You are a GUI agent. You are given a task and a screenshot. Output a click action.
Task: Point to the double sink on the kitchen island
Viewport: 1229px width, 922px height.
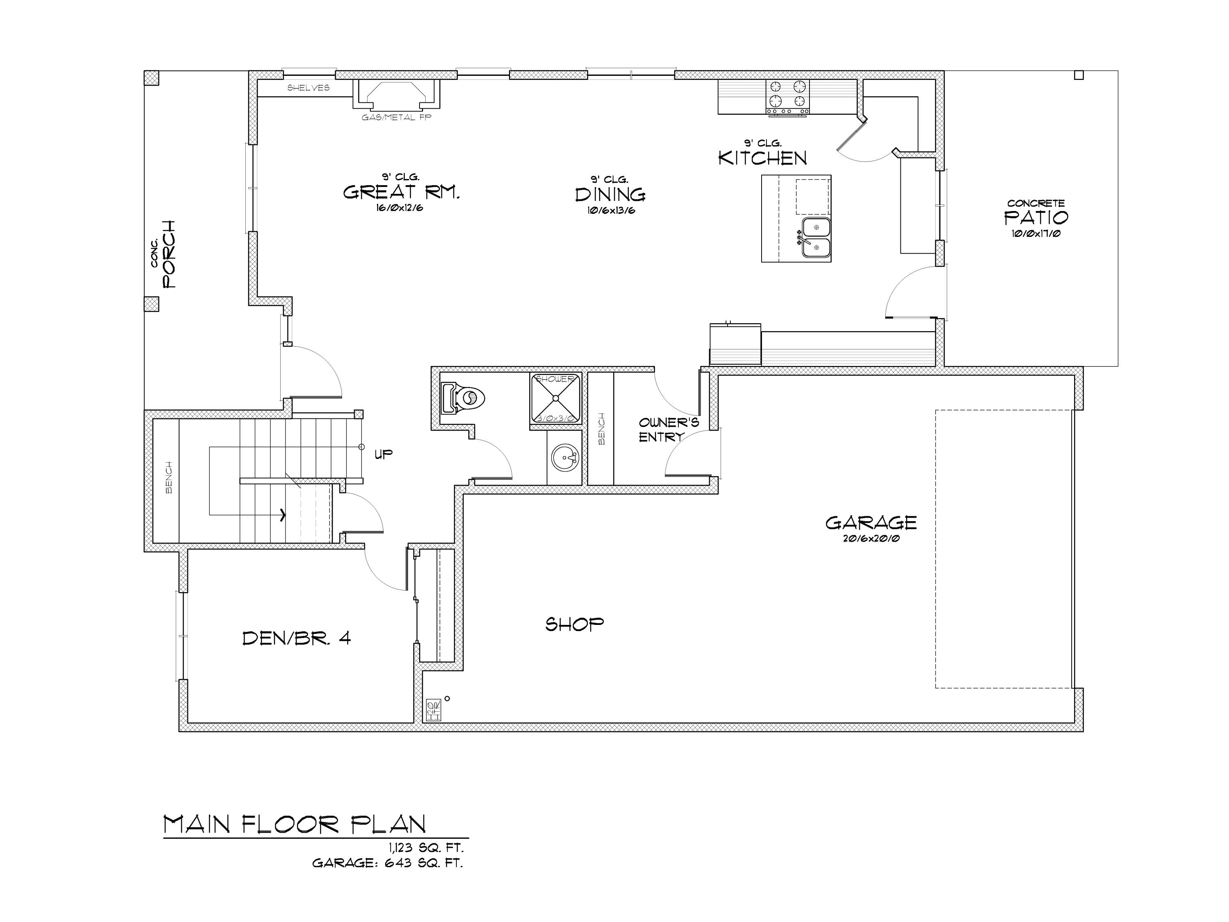pos(816,237)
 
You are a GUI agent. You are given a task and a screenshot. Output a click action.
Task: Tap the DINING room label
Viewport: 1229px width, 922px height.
pos(610,195)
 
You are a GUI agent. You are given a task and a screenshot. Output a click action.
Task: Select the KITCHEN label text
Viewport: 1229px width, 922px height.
pos(762,159)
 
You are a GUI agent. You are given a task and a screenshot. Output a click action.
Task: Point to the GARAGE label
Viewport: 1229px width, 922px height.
pos(871,523)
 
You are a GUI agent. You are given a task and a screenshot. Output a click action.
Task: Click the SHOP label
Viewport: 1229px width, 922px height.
pos(574,625)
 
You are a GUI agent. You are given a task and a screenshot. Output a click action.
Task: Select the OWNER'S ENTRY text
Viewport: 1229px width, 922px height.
pos(669,429)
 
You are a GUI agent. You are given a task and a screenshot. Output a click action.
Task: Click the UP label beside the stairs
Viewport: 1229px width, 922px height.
pos(383,454)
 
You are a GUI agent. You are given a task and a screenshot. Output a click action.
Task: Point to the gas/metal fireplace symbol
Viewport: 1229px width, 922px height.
pos(396,95)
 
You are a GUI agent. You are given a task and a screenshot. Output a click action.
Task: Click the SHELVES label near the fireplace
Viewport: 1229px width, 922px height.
pos(308,88)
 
